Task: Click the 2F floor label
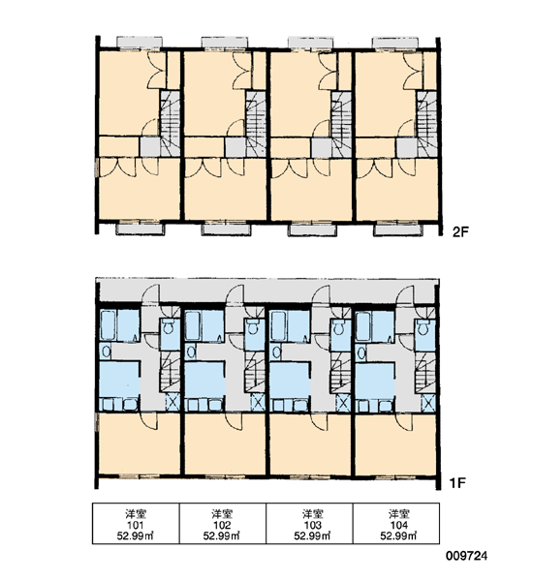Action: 460,232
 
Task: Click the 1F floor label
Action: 457,483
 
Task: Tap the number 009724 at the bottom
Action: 466,556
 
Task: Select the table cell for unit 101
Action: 136,523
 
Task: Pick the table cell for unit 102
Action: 223,523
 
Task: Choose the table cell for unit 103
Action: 309,523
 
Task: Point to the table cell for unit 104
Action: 396,523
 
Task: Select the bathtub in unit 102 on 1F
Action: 192,325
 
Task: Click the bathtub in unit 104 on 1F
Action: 362,325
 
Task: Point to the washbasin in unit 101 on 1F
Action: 106,352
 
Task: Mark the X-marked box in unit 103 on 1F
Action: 343,402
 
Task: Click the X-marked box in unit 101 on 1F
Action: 172,402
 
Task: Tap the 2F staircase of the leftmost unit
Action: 170,123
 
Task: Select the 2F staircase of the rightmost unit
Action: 426,124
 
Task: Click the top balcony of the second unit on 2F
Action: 224,43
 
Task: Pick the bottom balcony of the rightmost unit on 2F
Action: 396,229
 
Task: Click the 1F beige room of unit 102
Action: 225,443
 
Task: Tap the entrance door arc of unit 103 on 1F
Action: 320,292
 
